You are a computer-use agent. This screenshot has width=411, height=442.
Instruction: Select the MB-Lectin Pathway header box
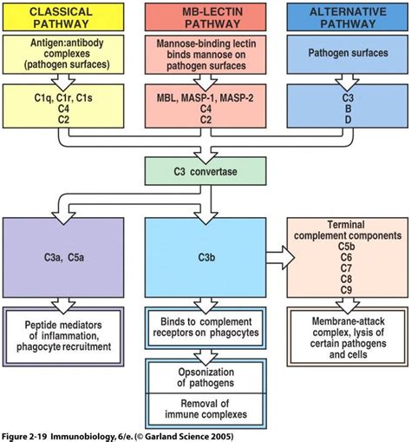[x=204, y=16]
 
